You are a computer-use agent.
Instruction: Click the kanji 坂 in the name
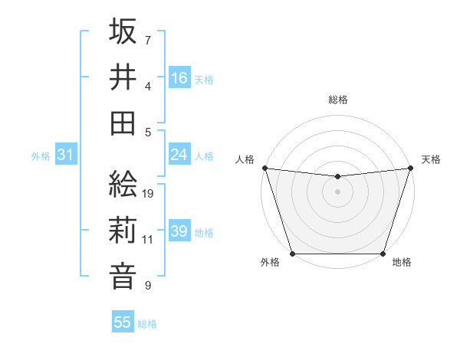tap(123, 33)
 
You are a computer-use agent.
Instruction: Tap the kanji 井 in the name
tap(123, 77)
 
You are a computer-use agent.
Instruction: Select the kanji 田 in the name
tap(123, 122)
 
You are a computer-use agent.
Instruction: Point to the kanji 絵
tap(123, 186)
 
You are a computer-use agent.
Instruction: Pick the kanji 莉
tap(123, 231)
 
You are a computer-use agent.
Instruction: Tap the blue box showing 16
tap(179, 77)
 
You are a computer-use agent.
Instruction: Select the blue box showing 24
tap(179, 155)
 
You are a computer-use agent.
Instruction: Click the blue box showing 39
tap(179, 231)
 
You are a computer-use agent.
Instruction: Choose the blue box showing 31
tap(65, 155)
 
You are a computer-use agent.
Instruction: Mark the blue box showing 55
tap(123, 322)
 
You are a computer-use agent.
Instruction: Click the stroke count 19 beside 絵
tap(149, 194)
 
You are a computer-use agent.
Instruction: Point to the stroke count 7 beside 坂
tap(148, 40)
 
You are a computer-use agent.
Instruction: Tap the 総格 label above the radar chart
tap(338, 100)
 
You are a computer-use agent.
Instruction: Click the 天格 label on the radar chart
tap(431, 159)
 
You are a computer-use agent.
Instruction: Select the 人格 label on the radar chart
tap(245, 159)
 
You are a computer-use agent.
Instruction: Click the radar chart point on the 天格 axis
tap(411, 168)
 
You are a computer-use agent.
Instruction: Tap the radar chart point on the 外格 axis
tap(292, 254)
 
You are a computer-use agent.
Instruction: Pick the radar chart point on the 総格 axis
tap(337, 177)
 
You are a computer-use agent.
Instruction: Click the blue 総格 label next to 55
tap(148, 324)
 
